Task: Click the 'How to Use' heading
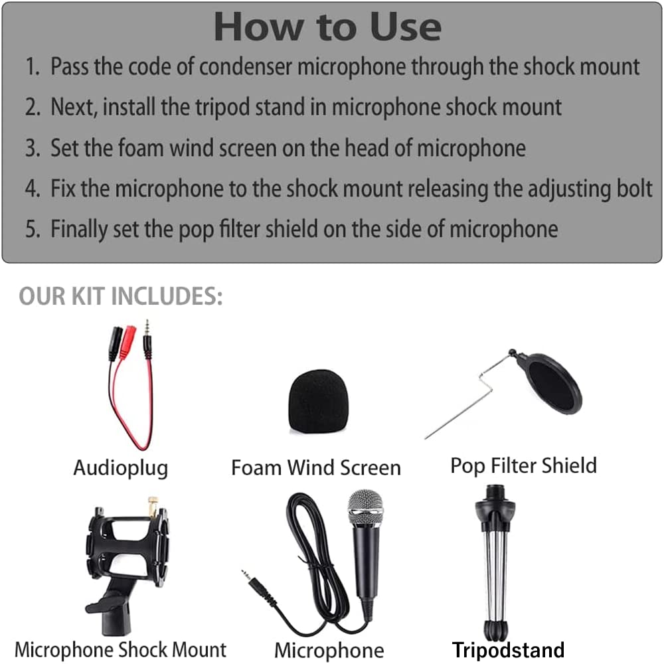pos(327,27)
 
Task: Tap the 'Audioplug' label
pos(120,467)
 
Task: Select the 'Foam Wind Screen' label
pos(315,467)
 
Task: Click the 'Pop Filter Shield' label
pos(523,465)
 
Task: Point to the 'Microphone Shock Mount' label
pos(120,649)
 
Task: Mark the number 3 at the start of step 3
pos(32,148)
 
